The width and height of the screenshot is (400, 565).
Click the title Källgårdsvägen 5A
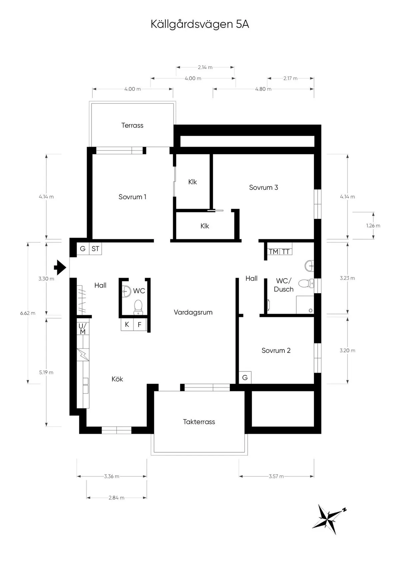tap(200, 24)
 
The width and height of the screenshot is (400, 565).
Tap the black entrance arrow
tap(60, 268)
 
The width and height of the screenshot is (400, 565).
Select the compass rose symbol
tap(329, 518)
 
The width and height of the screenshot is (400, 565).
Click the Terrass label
tap(132, 125)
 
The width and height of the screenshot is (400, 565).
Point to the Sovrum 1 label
tap(132, 197)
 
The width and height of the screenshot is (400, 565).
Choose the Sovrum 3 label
tap(263, 188)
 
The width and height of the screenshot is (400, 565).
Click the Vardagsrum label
tap(193, 312)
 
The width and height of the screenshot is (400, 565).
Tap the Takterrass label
tap(199, 422)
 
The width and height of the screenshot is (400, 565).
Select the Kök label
tap(117, 379)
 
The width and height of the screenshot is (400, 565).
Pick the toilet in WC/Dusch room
tap(305, 283)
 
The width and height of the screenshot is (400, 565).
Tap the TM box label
tap(273, 252)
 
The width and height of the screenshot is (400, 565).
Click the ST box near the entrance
tap(95, 249)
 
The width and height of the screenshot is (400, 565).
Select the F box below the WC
tap(140, 325)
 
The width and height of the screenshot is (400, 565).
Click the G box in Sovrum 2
tap(245, 378)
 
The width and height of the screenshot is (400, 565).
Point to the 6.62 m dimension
tap(28, 313)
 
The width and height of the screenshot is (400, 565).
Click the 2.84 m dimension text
tap(116, 498)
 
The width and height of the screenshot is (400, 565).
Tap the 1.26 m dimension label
tap(373, 226)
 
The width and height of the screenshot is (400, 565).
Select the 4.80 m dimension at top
tap(263, 89)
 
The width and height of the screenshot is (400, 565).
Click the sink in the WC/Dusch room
tap(309, 265)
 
